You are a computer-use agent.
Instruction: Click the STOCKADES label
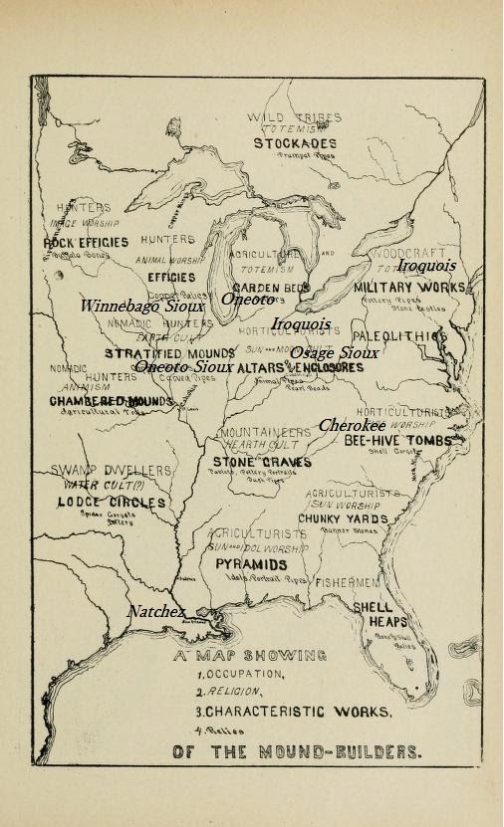click(x=295, y=143)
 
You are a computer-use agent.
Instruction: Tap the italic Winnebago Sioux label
click(x=156, y=307)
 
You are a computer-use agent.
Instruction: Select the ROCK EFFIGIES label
click(x=86, y=242)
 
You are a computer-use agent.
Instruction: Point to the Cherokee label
click(x=353, y=425)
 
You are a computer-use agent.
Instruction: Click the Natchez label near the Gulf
click(x=156, y=611)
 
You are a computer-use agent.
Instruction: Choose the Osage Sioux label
click(x=334, y=353)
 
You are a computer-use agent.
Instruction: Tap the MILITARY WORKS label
click(x=409, y=288)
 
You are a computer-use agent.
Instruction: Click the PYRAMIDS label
click(x=251, y=564)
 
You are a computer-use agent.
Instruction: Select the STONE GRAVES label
click(x=262, y=462)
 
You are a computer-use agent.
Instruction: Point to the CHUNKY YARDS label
click(x=345, y=518)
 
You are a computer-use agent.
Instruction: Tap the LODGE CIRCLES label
click(x=111, y=503)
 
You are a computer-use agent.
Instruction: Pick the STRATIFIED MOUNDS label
click(x=170, y=353)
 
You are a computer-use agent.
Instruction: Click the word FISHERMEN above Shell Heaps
click(x=348, y=581)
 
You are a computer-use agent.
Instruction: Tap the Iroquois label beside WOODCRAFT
click(x=427, y=266)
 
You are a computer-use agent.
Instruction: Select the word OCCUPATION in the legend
click(x=245, y=675)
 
